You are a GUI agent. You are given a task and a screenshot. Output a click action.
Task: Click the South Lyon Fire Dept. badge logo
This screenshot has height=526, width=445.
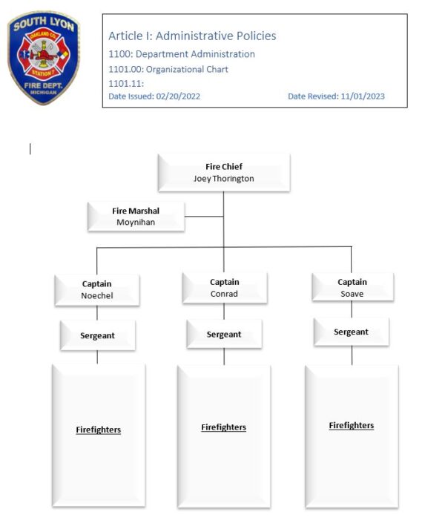(44, 58)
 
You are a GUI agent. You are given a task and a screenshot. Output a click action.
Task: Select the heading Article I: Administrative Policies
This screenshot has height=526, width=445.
(192, 36)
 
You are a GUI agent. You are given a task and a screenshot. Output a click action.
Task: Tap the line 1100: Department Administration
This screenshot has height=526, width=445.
(182, 54)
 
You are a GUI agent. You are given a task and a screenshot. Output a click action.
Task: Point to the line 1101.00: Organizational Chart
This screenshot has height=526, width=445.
(168, 69)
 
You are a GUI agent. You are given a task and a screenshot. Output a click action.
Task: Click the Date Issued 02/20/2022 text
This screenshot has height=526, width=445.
(154, 96)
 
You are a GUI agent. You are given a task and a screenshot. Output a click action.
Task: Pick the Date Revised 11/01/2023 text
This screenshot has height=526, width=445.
(336, 96)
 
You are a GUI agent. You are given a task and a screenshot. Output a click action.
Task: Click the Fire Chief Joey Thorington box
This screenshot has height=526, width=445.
(224, 173)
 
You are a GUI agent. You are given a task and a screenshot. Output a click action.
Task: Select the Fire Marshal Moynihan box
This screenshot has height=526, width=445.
(136, 216)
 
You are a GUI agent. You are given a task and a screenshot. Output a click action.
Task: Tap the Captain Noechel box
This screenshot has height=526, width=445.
(97, 289)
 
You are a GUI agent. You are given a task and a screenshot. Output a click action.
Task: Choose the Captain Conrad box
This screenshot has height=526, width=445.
(224, 288)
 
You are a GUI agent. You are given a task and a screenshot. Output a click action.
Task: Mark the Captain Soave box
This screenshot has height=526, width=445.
(352, 288)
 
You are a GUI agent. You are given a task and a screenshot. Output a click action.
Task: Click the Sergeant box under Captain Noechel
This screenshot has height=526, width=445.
(97, 335)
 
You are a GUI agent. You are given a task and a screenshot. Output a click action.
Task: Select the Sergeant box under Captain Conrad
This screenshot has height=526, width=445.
(224, 334)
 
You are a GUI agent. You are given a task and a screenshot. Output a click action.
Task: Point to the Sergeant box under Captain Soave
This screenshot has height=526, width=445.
(352, 332)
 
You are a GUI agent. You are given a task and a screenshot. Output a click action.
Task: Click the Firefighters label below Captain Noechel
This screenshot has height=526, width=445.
(99, 430)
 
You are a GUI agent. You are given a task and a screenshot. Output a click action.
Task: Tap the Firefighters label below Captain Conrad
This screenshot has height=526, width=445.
(224, 427)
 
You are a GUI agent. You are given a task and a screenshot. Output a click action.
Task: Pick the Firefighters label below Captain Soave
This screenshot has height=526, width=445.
(352, 425)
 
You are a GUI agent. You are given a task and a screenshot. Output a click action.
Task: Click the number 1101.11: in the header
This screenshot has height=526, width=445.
(126, 83)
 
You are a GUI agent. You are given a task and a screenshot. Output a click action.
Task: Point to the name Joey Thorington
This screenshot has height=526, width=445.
(224, 179)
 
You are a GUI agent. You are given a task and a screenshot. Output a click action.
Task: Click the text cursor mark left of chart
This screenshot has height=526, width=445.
(30, 149)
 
